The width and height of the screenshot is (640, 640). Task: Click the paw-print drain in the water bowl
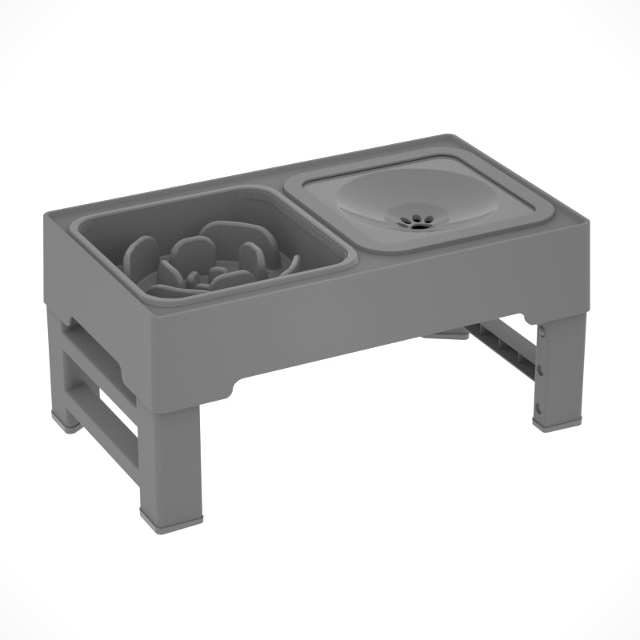pos(414,221)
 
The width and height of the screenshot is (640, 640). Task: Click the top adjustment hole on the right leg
pos(542,329)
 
